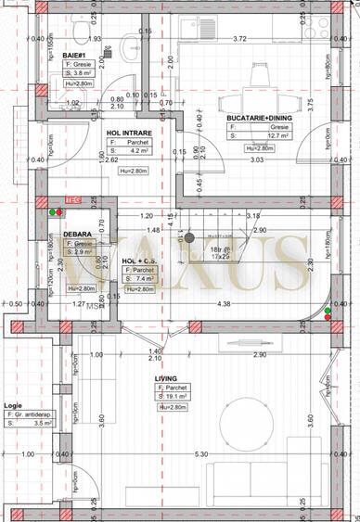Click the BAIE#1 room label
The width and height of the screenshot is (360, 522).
[x=74, y=55]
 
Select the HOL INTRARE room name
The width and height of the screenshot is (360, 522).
[x=129, y=132]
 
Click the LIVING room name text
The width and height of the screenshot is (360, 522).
[x=165, y=378]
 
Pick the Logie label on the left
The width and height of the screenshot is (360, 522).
[x=14, y=404]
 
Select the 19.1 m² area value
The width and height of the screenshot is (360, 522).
[x=178, y=397]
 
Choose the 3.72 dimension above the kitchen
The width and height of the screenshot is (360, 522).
[x=239, y=39]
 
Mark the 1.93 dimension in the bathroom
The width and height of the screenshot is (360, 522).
[x=68, y=39]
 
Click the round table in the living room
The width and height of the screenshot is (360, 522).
[x=243, y=431]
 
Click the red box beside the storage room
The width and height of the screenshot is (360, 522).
[x=71, y=199]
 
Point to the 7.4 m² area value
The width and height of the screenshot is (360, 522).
[x=146, y=277]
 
